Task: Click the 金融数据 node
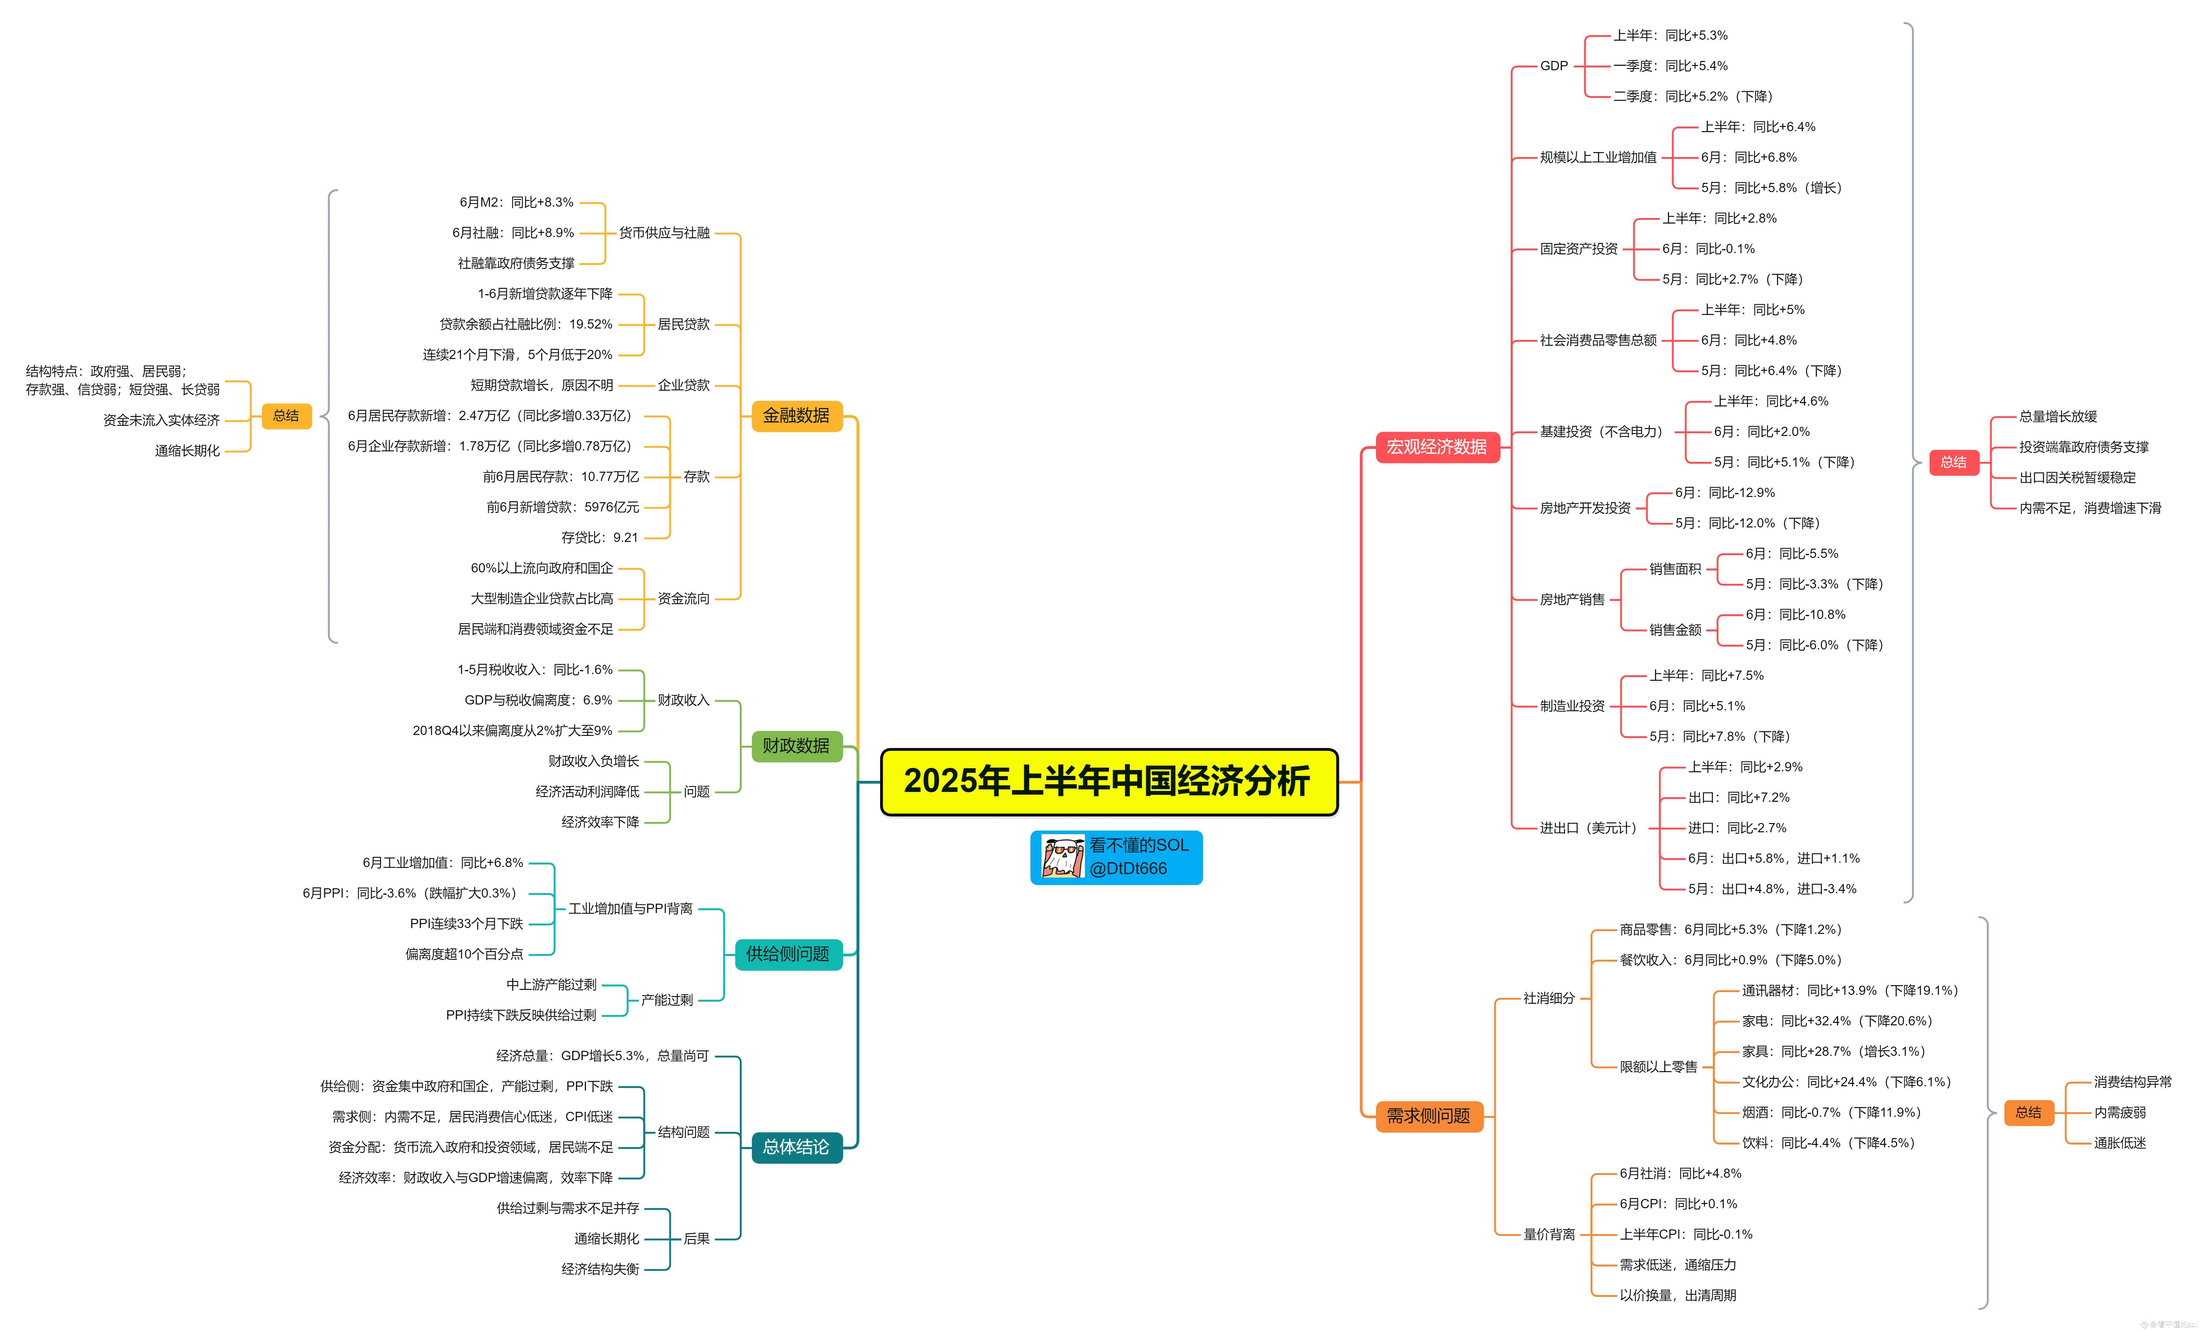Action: pyautogui.click(x=796, y=416)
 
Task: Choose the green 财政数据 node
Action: pyautogui.click(x=796, y=745)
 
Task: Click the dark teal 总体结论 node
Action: pyautogui.click(x=796, y=1147)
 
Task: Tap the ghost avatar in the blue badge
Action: pyautogui.click(x=1062, y=857)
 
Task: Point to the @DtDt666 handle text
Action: pyautogui.click(x=1128, y=869)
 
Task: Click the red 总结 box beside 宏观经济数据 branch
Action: pyautogui.click(x=1954, y=462)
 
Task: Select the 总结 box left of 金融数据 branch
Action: pyautogui.click(x=286, y=416)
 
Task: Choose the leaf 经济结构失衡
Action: pyautogui.click(x=600, y=1269)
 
